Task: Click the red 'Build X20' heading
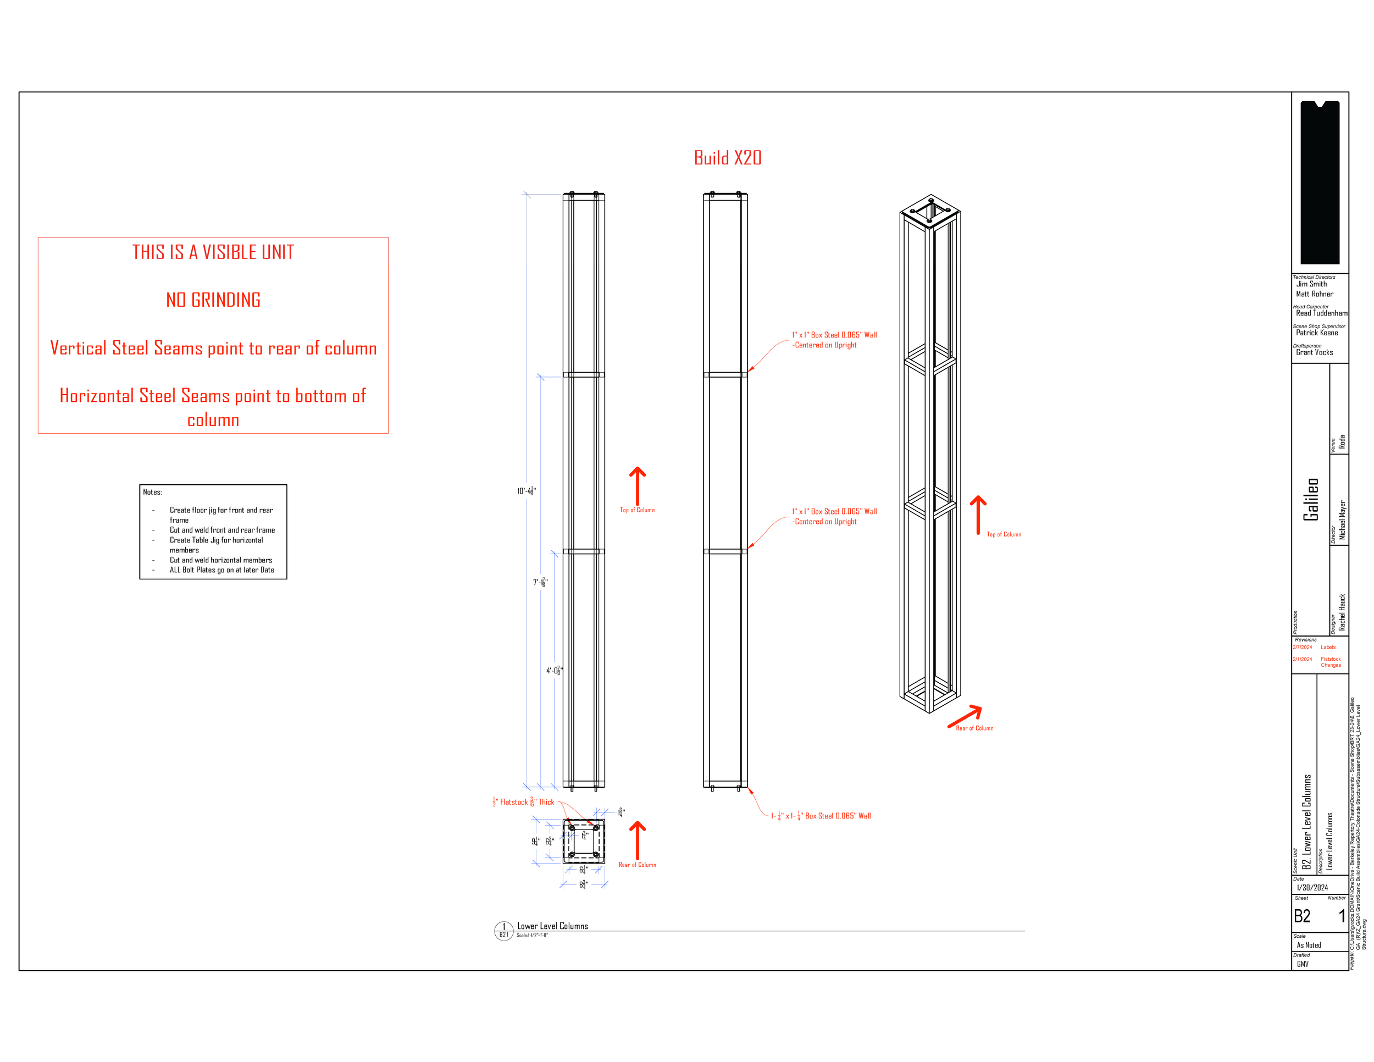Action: (x=727, y=158)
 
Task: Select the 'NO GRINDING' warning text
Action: (x=213, y=300)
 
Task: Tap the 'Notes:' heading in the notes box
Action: (x=152, y=492)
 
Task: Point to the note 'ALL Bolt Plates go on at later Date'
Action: (x=221, y=570)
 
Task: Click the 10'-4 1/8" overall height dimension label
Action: (x=526, y=491)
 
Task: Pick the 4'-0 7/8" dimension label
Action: (x=554, y=671)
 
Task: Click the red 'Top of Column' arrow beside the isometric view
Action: (x=978, y=515)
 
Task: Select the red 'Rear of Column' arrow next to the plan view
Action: (x=638, y=840)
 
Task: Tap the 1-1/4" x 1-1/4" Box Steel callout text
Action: (x=821, y=816)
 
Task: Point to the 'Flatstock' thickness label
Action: (x=523, y=802)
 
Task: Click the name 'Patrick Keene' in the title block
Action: (x=1317, y=333)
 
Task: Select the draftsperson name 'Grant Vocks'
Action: (x=1314, y=352)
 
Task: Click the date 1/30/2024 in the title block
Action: (x=1312, y=888)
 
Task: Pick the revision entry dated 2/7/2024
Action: (x=1303, y=648)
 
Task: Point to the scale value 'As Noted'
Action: (x=1309, y=945)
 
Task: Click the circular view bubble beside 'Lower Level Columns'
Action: (x=503, y=930)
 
